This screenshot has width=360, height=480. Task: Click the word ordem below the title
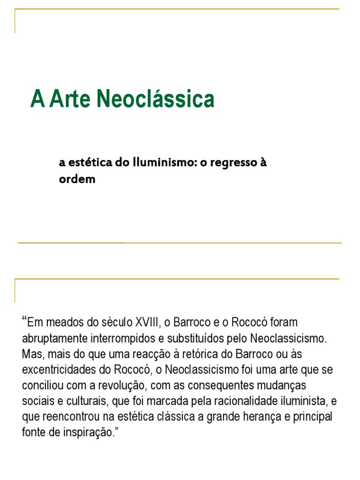pyautogui.click(x=77, y=180)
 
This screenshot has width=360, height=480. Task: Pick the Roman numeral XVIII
pyautogui.click(x=147, y=322)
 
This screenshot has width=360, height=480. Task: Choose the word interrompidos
pyautogui.click(x=117, y=338)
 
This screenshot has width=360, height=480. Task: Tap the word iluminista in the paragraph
pyautogui.click(x=305, y=401)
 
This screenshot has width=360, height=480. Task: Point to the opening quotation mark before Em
pyautogui.click(x=24, y=321)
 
